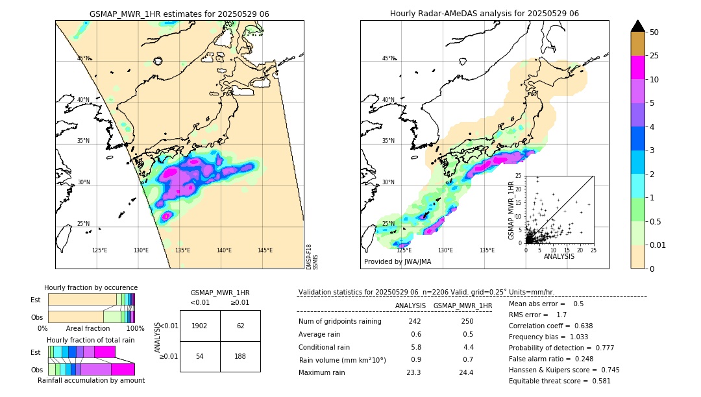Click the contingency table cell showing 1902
(200, 326)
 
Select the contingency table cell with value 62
(240, 326)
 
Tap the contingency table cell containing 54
(200, 357)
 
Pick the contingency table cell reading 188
(240, 357)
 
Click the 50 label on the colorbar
(654, 32)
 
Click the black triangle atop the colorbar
(638, 25)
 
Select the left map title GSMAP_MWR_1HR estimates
(179, 14)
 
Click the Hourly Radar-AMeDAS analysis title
(484, 14)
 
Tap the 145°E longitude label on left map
(265, 250)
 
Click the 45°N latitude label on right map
(388, 58)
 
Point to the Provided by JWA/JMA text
(397, 261)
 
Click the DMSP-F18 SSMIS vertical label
(312, 257)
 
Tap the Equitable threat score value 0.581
(596, 381)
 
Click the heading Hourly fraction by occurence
(91, 287)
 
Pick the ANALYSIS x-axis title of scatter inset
(559, 256)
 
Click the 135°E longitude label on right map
(487, 250)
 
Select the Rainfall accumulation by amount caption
(91, 380)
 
